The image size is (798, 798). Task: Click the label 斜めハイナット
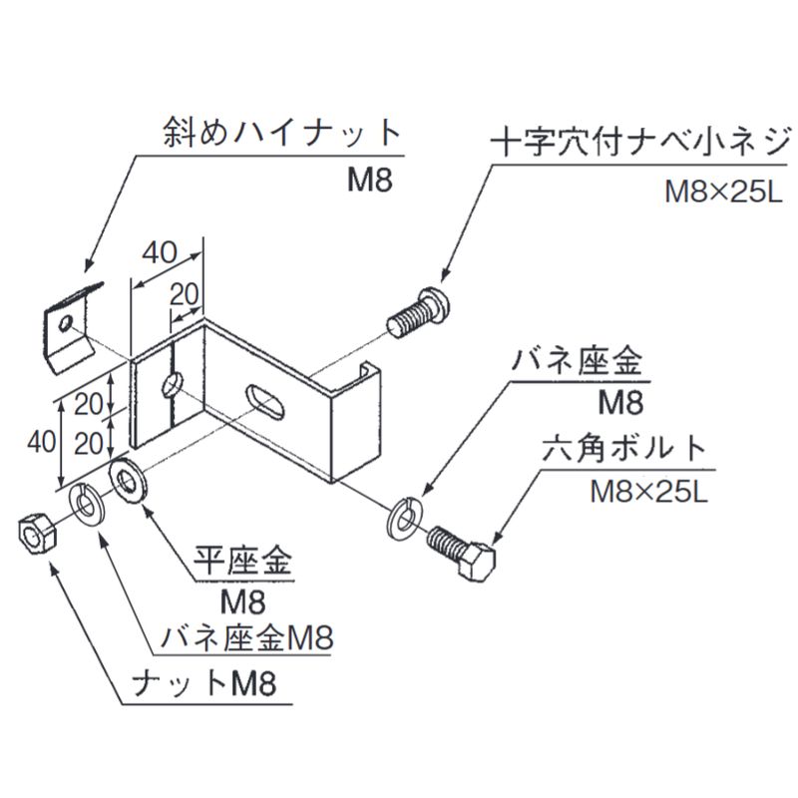[x=281, y=135]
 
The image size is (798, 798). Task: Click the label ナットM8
[x=204, y=684]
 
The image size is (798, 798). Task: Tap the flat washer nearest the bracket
[x=128, y=479]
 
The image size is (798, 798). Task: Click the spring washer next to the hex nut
[x=86, y=503]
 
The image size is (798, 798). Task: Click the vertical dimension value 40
[x=39, y=440]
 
